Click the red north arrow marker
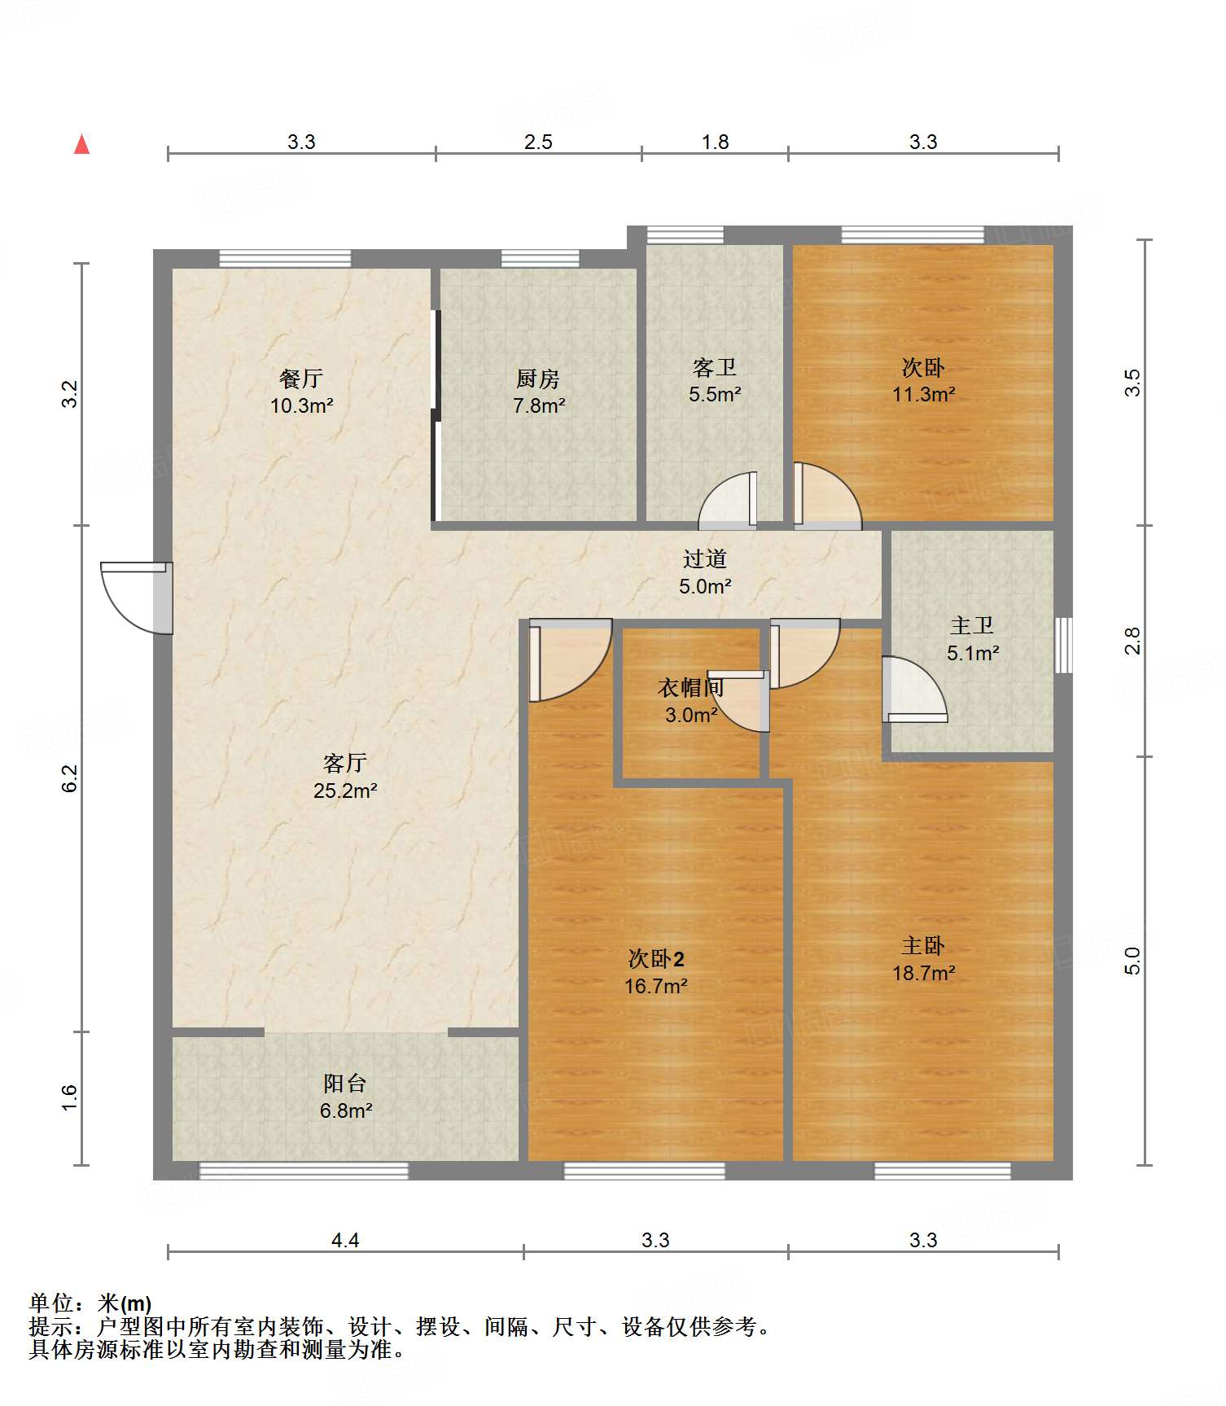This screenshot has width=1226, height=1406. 81,144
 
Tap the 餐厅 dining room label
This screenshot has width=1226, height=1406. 301,379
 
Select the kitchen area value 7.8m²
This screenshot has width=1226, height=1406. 539,405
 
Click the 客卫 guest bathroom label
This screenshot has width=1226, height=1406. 715,368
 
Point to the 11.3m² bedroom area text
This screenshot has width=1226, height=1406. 923,394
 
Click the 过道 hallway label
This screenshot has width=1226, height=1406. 705,558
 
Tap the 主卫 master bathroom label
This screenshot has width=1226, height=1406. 972,625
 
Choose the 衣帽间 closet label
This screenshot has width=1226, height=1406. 691,688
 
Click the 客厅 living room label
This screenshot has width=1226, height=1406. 345,763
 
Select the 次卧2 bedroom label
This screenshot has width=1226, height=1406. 656,958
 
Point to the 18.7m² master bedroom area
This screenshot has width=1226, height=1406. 923,973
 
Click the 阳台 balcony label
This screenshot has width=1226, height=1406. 345,1084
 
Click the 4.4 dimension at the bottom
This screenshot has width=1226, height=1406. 345,1240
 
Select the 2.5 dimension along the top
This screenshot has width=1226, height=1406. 538,142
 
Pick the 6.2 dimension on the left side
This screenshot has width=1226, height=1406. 71,778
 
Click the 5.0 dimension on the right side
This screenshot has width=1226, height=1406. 1132,961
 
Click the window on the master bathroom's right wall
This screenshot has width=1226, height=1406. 1063,645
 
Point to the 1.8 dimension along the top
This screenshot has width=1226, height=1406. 715,142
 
